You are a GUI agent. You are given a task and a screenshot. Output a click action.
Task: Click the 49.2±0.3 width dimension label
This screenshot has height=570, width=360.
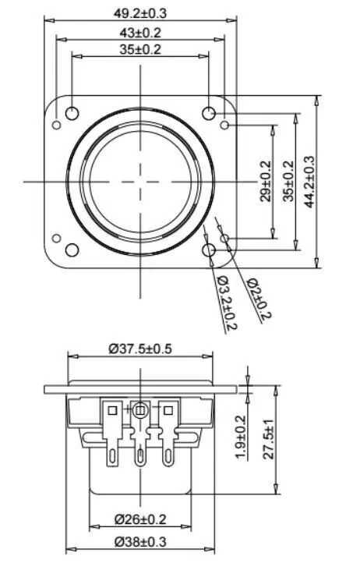coord(140,12)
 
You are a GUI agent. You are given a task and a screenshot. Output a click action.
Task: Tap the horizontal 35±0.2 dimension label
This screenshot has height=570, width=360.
coord(140,49)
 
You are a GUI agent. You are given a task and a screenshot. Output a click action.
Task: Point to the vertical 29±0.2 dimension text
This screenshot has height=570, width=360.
coord(265,181)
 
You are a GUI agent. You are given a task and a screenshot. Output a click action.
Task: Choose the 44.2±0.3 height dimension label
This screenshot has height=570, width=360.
coord(309,181)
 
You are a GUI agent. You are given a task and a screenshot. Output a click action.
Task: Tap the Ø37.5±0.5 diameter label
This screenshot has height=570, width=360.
coord(141,349)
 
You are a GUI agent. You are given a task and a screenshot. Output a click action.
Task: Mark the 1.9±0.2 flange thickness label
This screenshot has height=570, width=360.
coord(241,437)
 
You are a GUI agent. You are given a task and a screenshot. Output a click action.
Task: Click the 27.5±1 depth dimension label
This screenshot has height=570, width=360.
coord(269,441)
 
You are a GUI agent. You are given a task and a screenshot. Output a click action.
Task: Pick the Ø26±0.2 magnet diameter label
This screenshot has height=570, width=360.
coord(140,519)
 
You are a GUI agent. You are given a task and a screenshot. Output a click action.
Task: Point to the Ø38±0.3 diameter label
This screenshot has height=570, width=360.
coord(140,540)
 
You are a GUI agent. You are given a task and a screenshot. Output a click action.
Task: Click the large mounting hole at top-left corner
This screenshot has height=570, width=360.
coord(72,114)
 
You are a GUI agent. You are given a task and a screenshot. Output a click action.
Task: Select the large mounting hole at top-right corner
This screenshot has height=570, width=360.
coord(209,114)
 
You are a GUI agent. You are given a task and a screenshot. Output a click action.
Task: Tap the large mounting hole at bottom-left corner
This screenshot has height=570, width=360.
coord(72,250)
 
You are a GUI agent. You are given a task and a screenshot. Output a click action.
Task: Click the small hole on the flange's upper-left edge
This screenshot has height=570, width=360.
coord(56,125)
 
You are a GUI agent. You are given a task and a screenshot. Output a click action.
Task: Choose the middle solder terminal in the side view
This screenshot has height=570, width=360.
coord(140,433)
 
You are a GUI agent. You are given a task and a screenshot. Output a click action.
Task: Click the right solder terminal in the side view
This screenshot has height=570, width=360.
coord(167,433)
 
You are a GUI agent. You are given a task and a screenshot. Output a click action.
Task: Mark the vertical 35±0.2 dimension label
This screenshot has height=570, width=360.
coord(288,181)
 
